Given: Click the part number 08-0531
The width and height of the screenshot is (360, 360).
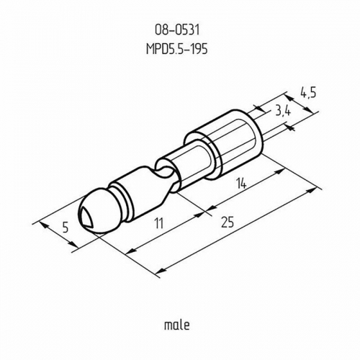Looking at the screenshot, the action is click(x=177, y=30).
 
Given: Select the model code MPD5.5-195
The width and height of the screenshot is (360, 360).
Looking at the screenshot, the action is click(x=177, y=49).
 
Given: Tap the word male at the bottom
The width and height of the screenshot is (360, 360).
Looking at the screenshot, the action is click(x=177, y=325).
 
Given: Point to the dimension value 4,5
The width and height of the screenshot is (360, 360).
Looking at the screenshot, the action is click(x=308, y=93).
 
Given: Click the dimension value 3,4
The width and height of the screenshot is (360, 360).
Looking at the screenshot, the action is click(x=283, y=112).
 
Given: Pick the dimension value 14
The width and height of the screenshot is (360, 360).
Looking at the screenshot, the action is click(x=242, y=184).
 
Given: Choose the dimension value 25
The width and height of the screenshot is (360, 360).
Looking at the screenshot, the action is click(x=228, y=222).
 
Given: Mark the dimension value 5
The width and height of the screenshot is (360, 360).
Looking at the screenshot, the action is click(x=65, y=227).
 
